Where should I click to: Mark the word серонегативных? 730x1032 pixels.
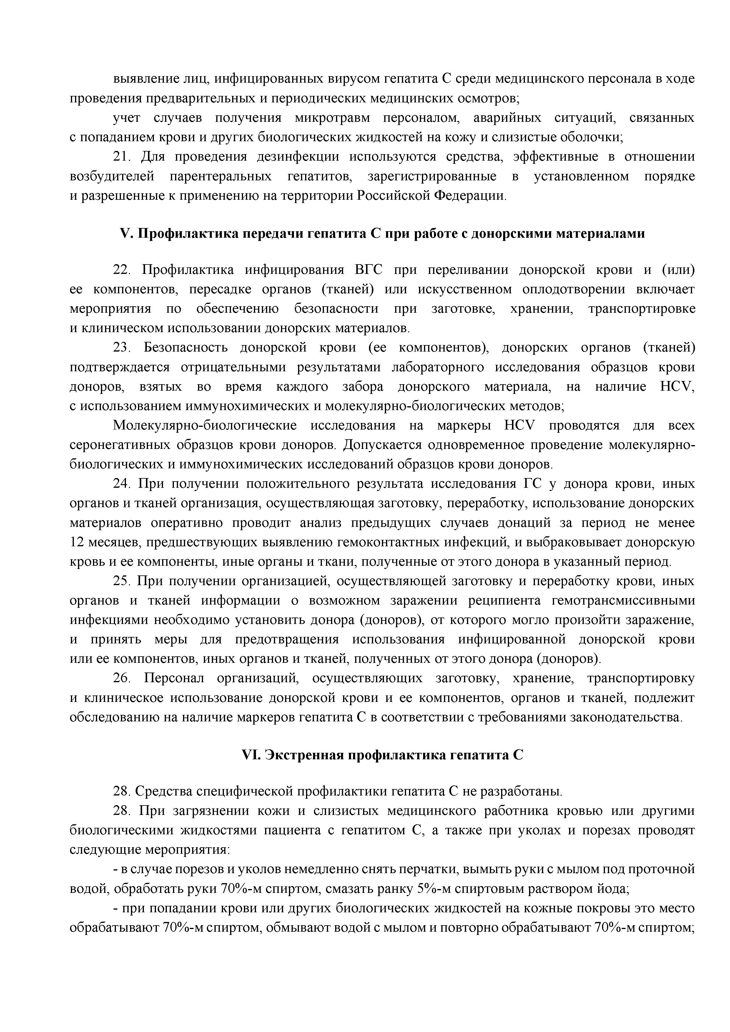tap(119, 445)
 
